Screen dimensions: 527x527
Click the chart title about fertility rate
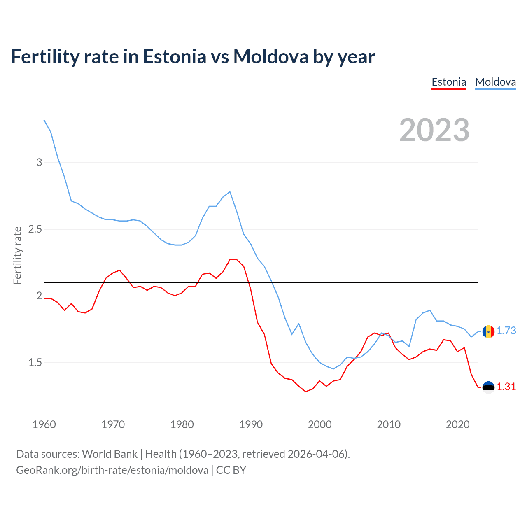coord(193,56)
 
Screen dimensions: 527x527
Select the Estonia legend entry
coord(449,82)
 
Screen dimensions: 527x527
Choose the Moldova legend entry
coord(495,82)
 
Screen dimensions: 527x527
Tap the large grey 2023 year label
coord(434,130)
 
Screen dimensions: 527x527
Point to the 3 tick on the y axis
coord(39,162)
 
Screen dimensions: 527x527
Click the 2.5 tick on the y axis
coord(35,229)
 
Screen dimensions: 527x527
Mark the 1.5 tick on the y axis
coord(35,363)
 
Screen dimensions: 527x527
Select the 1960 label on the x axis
coord(44,424)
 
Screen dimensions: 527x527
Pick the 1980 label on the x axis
coord(182,424)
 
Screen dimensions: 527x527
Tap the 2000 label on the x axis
coord(319,424)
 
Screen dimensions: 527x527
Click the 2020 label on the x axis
coord(457,424)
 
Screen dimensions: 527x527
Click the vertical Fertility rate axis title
coord(17,255)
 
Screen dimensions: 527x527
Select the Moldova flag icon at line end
coord(488,331)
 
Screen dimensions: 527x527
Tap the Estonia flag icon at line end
coord(488,387)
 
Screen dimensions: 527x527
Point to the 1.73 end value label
coord(506,331)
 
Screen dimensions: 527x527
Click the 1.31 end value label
coord(506,387)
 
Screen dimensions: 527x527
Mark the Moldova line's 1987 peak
coord(230,191)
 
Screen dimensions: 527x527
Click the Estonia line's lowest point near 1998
coord(305,392)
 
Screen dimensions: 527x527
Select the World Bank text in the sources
coord(110,454)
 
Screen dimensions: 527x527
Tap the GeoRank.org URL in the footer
coord(112,470)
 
